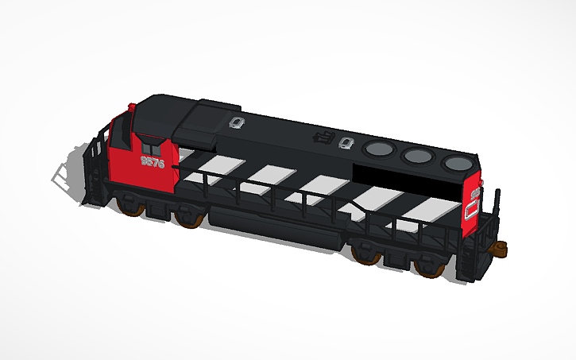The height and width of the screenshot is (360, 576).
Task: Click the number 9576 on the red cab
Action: [x=152, y=162]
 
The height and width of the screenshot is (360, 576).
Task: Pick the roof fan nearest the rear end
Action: [x=457, y=163]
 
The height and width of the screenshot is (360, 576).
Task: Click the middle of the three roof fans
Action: [x=416, y=155]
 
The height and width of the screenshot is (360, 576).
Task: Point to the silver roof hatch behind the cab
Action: [x=236, y=122]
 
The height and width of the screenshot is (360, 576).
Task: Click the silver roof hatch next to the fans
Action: [x=346, y=144]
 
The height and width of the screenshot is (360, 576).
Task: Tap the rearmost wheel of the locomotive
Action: [x=430, y=267]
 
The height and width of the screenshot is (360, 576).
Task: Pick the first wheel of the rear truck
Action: [x=366, y=254]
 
